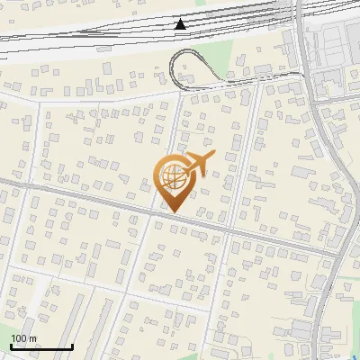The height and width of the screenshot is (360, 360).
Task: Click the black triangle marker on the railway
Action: pos(181,23)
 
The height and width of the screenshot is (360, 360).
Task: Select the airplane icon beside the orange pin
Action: pos(197,165)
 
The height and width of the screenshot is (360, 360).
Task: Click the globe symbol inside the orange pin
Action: pos(171,174)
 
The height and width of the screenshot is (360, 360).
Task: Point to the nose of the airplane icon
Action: pos(213,155)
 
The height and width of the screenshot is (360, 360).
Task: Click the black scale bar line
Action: pos(41,347)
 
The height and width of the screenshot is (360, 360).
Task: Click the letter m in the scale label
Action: pos(33,338)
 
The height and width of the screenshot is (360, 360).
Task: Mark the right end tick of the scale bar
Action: pos(72,346)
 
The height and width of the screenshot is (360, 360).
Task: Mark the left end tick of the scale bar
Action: pos(11,346)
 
